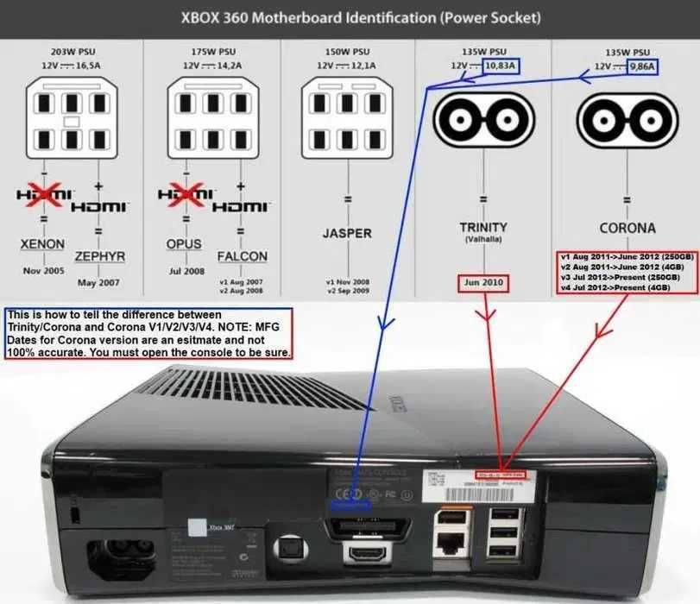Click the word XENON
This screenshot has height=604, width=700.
coord(42,244)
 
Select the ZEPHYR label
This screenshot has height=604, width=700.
coord(101,256)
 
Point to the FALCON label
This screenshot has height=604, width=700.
coord(242,256)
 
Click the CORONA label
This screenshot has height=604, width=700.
coord(626,229)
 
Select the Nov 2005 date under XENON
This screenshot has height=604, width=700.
coord(42,270)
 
